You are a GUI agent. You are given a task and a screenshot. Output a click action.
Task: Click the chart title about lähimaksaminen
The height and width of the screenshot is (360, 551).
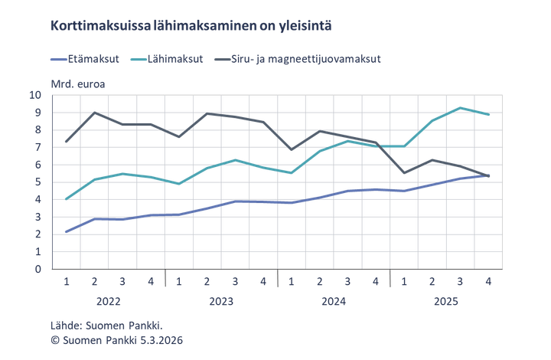point(191,26)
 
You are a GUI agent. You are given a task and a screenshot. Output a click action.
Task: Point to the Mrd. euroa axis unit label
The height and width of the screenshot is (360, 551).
point(78,82)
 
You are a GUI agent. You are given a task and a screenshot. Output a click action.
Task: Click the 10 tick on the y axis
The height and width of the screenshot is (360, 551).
point(56,95)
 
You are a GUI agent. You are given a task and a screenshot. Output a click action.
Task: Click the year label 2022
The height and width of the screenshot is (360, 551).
point(109,302)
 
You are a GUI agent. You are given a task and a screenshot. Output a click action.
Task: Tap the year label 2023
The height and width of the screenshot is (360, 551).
point(221,302)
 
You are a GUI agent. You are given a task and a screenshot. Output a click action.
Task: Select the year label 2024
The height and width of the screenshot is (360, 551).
point(334,302)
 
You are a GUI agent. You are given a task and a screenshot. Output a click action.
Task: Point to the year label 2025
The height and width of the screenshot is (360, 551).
point(447,302)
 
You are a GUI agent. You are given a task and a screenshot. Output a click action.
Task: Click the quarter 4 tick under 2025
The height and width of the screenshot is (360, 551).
point(488,281)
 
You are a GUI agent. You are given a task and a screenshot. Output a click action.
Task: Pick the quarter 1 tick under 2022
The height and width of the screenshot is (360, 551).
point(66,281)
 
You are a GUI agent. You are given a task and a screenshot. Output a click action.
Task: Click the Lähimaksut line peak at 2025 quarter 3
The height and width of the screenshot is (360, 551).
point(460,107)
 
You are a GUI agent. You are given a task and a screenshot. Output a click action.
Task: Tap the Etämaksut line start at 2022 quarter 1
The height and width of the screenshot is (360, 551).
point(66,231)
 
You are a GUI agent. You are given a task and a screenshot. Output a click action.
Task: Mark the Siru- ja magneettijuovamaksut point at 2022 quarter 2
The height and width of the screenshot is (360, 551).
point(94,113)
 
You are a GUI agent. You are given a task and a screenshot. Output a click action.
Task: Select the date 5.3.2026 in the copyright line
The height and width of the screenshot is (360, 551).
point(163,339)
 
